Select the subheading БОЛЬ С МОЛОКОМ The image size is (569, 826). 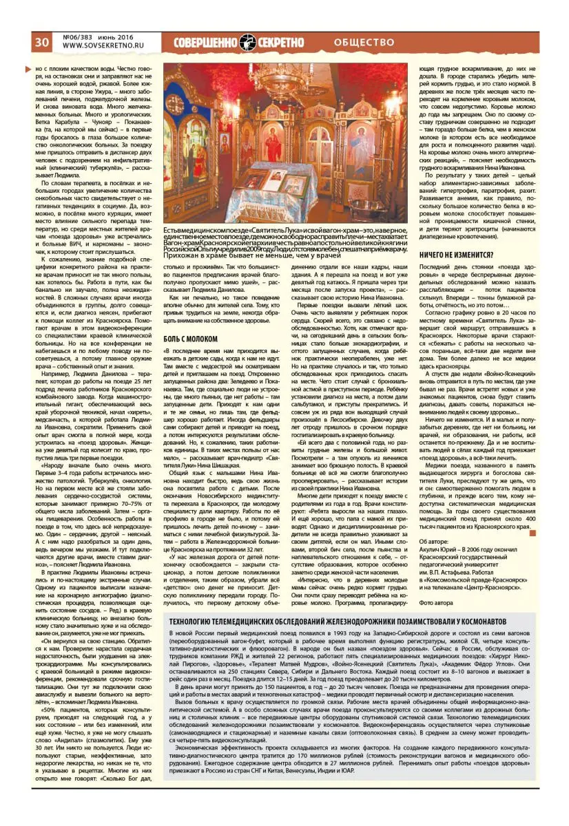pos(190,339)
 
